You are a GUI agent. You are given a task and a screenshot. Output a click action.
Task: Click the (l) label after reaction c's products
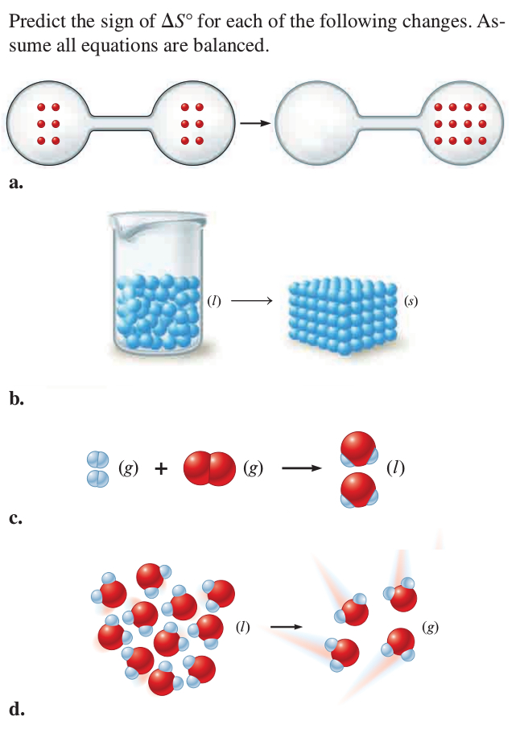pos(395,467)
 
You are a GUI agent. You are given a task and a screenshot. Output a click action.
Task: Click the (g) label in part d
pos(431,626)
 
